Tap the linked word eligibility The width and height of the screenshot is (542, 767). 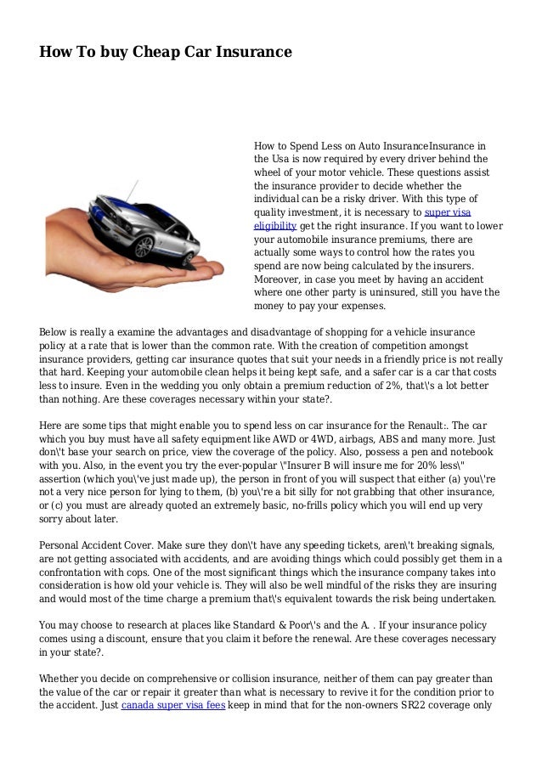click(275, 225)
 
